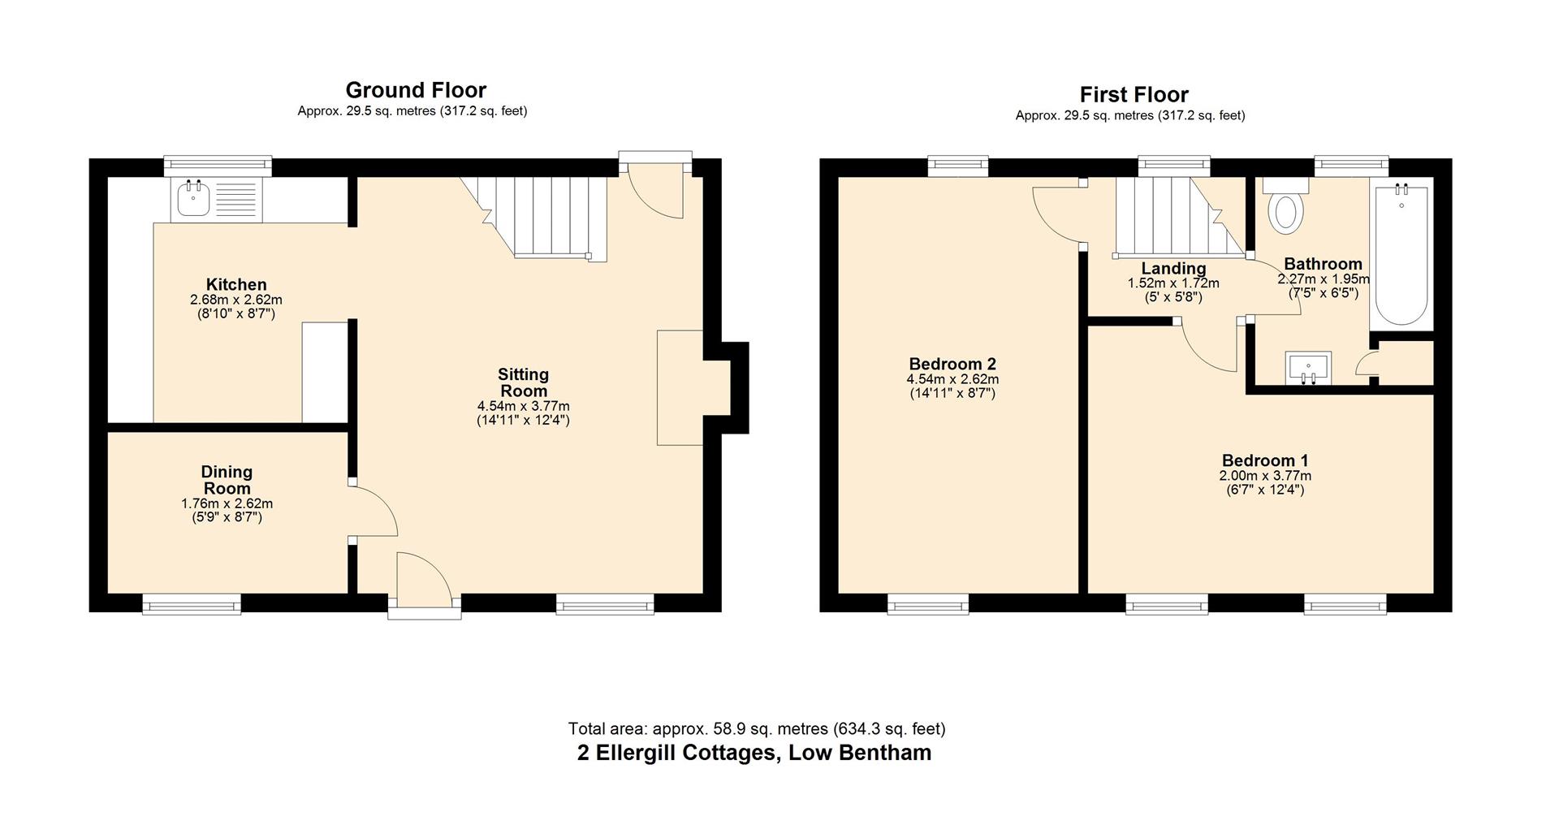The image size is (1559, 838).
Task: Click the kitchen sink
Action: pyautogui.click(x=193, y=199)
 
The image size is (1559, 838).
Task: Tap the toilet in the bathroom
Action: pyautogui.click(x=1285, y=209)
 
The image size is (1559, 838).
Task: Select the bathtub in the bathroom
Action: pyautogui.click(x=1401, y=257)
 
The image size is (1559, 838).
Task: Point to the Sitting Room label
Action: pyautogui.click(x=523, y=382)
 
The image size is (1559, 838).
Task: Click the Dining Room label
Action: pyautogui.click(x=227, y=480)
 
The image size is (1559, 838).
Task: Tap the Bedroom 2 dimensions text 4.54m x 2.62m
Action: pyautogui.click(x=952, y=379)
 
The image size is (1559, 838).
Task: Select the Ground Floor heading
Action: pyautogui.click(x=416, y=89)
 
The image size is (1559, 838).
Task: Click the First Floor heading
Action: pyautogui.click(x=1134, y=94)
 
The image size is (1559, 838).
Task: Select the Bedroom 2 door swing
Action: pyautogui.click(x=1057, y=215)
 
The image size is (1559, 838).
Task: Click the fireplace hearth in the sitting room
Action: pyautogui.click(x=680, y=387)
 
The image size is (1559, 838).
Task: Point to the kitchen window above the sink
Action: pyautogui.click(x=217, y=166)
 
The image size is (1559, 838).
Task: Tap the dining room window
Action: pyautogui.click(x=192, y=603)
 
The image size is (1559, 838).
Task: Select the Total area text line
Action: pyautogui.click(x=756, y=728)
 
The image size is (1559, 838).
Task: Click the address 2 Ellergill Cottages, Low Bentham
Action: pyautogui.click(x=754, y=753)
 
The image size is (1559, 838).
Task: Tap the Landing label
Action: pyautogui.click(x=1173, y=268)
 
